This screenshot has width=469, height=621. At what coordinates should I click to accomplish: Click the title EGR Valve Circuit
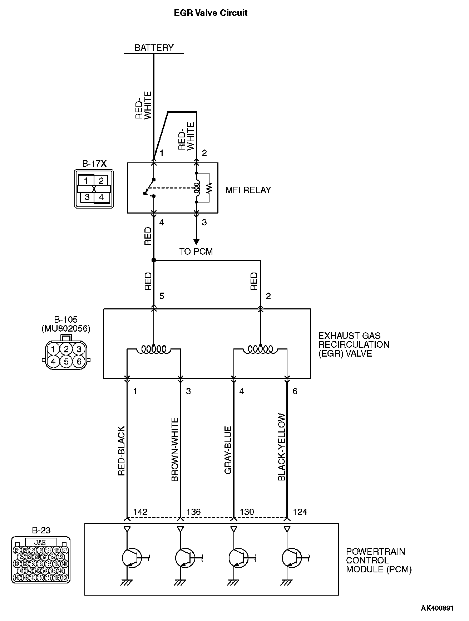(x=211, y=13)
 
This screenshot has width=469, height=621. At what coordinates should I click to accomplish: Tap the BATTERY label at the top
(x=154, y=48)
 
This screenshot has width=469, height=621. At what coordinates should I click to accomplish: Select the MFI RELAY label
(x=248, y=190)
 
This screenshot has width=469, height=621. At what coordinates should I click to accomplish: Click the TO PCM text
(x=196, y=251)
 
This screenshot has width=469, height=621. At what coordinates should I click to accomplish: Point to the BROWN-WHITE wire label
(x=175, y=449)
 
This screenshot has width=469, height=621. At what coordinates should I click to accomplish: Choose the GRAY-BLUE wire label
(x=228, y=450)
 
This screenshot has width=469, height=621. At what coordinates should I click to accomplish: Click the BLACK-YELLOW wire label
(x=282, y=447)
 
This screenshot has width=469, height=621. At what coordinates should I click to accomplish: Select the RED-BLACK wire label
(x=122, y=451)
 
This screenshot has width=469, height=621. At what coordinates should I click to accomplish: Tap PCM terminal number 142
(x=140, y=512)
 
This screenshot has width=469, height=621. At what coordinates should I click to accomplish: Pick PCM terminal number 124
(x=300, y=512)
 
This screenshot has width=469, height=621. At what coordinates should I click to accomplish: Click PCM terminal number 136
(x=193, y=512)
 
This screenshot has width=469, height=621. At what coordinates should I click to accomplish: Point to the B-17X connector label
(x=94, y=164)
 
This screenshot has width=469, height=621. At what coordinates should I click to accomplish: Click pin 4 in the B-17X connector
(x=102, y=197)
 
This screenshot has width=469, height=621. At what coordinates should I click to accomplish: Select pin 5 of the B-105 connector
(x=66, y=361)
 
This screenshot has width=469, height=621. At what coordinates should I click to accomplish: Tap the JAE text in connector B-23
(x=40, y=542)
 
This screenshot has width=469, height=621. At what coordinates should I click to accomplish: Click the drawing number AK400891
(x=437, y=608)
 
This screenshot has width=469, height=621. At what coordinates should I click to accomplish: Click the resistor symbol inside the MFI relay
(x=210, y=187)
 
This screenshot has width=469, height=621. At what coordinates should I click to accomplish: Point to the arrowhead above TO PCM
(x=196, y=242)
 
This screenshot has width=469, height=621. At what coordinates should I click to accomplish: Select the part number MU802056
(x=66, y=328)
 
